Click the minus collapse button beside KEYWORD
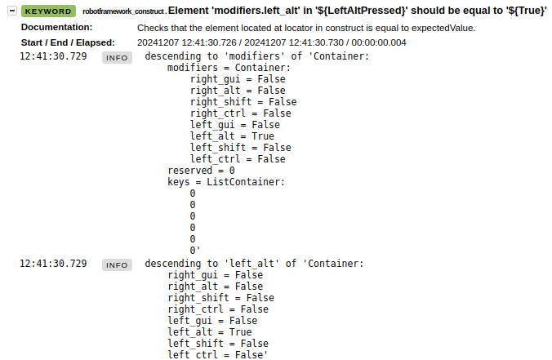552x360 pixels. tap(12, 11)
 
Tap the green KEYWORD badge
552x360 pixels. tap(48, 11)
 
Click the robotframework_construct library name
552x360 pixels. tap(123, 11)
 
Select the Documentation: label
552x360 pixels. tap(56, 27)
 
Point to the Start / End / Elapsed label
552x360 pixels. tap(68, 42)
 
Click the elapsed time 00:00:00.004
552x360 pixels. tap(379, 42)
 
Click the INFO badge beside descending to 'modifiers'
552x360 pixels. tap(117, 58)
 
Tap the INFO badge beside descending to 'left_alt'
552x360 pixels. tap(117, 265)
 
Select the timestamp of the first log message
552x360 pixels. tap(53, 56)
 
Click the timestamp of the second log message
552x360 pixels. tap(53, 264)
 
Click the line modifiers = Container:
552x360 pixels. tap(229, 68)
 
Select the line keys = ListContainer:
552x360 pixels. tap(226, 182)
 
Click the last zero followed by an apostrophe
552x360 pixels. tap(194, 251)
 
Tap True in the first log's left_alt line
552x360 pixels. tap(263, 136)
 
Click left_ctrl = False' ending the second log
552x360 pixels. tap(217, 355)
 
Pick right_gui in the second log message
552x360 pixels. tap(193, 275)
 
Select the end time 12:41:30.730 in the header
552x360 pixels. tap(294, 42)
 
